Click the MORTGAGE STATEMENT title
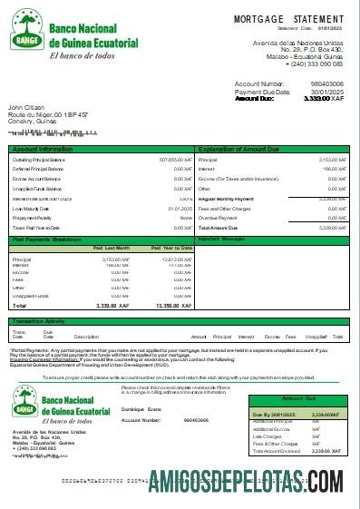pyautogui.click(x=288, y=18)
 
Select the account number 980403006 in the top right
pyautogui.click(x=325, y=84)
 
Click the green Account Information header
pyautogui.click(x=43, y=148)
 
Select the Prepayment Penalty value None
pyautogui.click(x=186, y=218)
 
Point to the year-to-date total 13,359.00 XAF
pyautogui.click(x=171, y=306)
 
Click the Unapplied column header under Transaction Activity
pyautogui.click(x=317, y=337)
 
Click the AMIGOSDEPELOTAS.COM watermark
pyautogui.click(x=248, y=480)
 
